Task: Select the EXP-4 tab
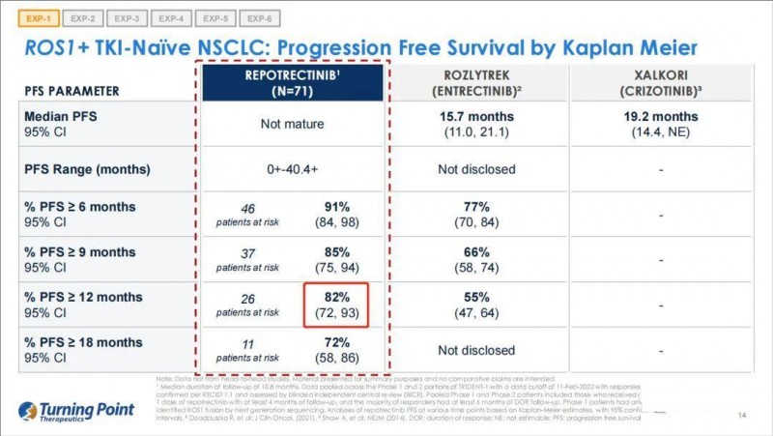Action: [171, 18]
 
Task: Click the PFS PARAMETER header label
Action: [72, 91]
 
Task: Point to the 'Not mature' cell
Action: [292, 124]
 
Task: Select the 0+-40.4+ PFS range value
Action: [292, 169]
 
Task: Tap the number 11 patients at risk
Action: [247, 344]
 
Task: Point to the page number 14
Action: [742, 417]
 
